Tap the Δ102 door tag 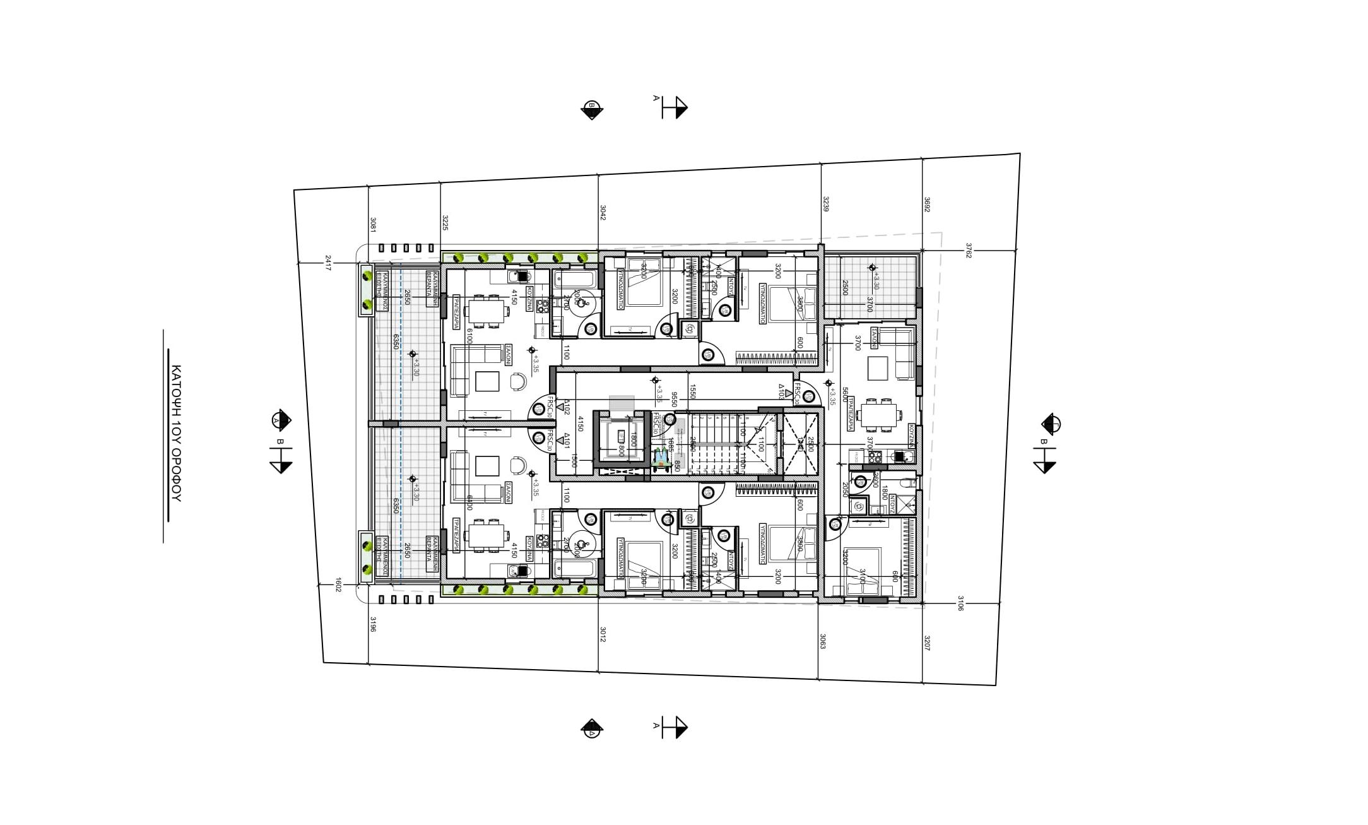[567, 407]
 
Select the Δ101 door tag [567, 441]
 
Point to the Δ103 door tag [781, 391]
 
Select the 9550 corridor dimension [674, 399]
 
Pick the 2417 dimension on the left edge [327, 263]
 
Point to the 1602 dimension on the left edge [338, 585]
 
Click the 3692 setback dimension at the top [926, 205]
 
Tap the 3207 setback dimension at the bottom [926, 643]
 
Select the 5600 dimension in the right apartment [846, 395]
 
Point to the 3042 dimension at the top [603, 212]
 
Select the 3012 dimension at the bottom [603, 634]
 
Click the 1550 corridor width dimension [692, 391]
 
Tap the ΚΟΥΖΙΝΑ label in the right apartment [912, 436]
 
